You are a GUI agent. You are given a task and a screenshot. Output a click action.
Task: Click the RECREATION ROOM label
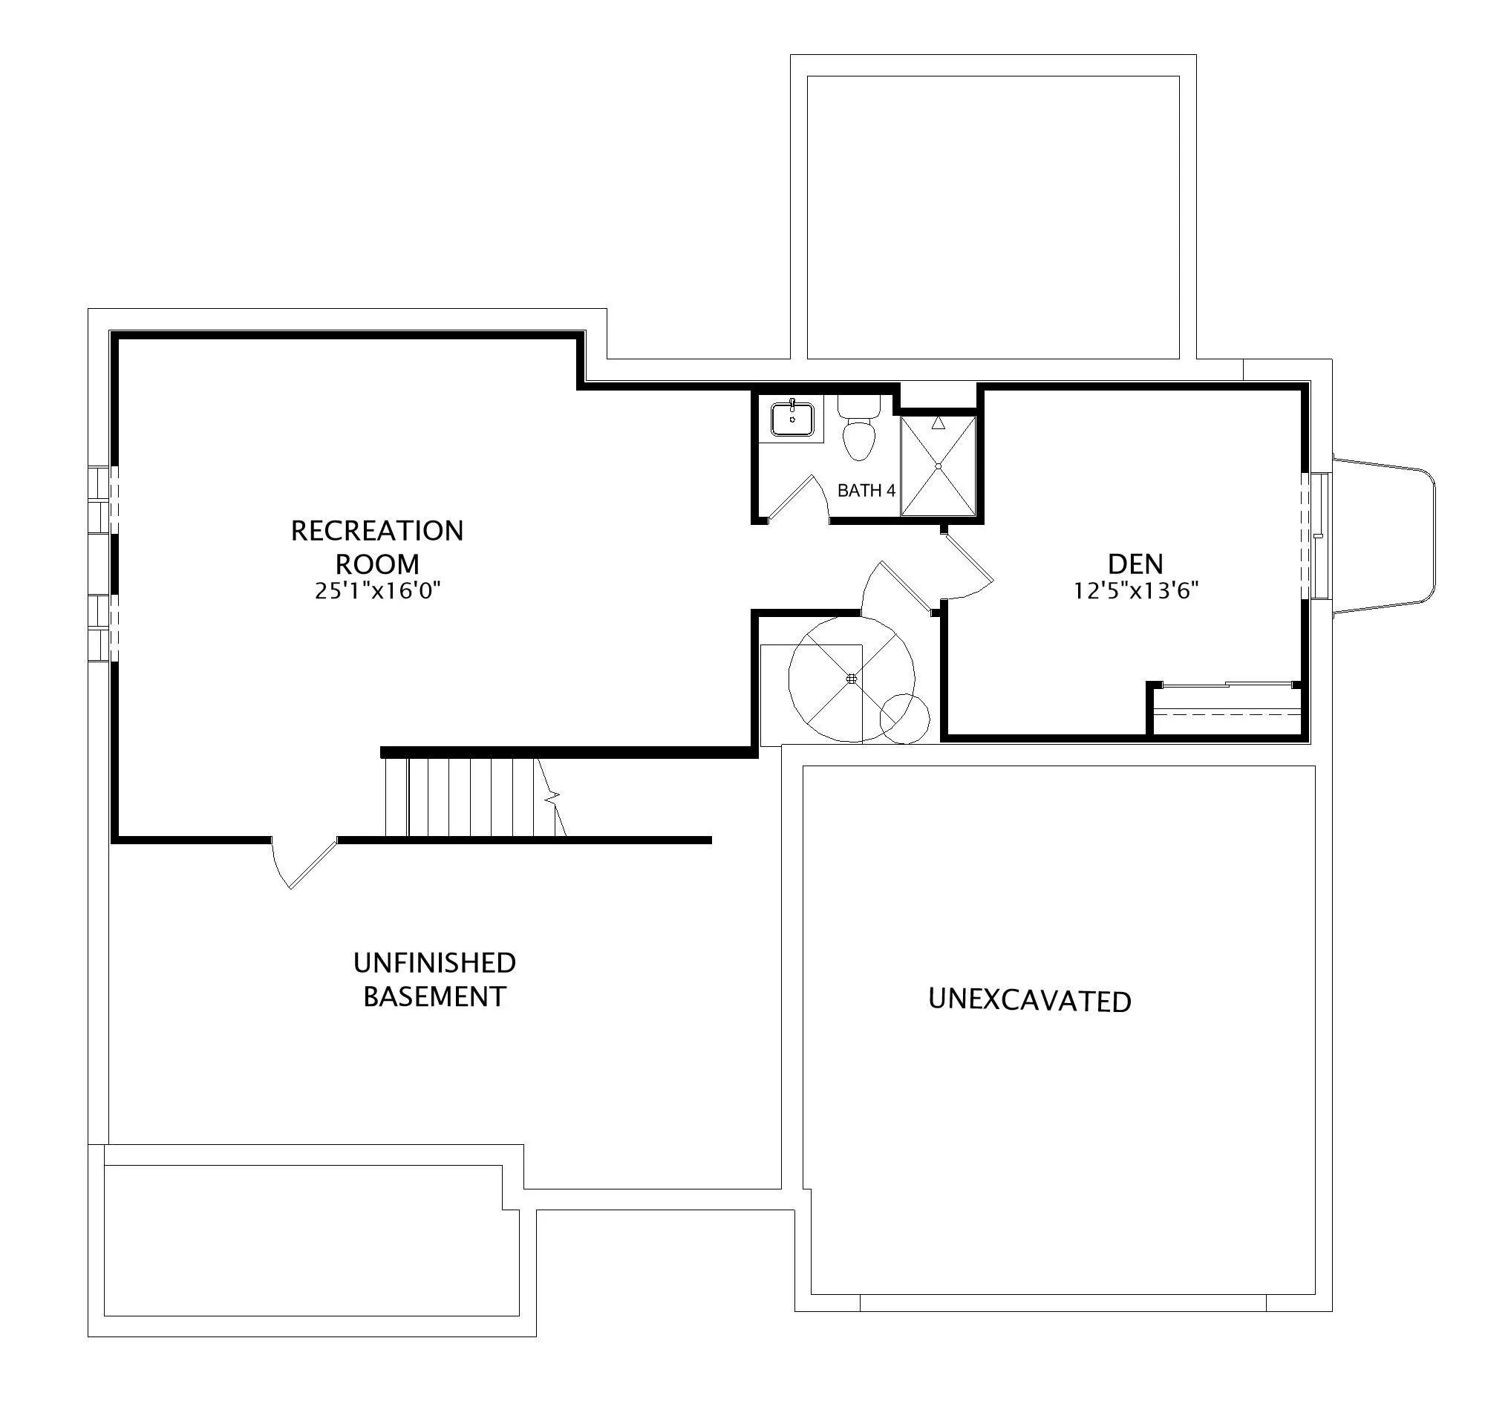pos(377,546)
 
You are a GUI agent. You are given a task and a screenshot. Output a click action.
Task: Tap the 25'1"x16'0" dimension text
pos(377,591)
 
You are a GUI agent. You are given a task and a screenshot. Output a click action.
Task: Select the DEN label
pos(1135,564)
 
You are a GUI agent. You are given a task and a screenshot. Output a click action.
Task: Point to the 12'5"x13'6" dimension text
pos(1135,591)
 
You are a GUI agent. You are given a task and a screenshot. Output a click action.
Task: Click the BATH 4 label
pos(866,491)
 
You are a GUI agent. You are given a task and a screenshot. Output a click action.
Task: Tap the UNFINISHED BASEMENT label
pos(434,979)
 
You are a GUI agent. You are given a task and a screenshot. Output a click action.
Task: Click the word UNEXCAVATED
pos(1030,1000)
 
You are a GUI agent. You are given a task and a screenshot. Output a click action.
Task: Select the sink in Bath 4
pos(792,420)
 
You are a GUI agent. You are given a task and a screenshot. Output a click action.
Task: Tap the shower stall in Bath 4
pos(939,466)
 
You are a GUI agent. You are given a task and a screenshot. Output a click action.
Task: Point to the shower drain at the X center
pos(939,466)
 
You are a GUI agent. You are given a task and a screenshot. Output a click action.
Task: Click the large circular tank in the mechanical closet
pos(852,679)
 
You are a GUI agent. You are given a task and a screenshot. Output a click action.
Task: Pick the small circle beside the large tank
pos(905,719)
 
